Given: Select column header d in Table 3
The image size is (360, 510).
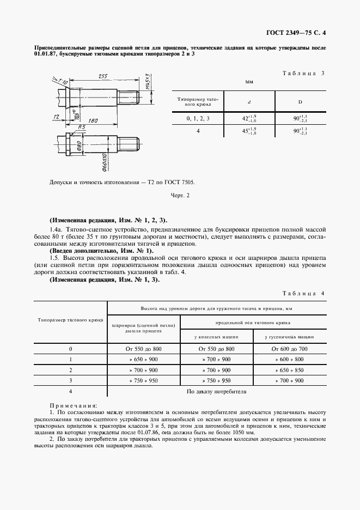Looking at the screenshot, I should coord(249,101).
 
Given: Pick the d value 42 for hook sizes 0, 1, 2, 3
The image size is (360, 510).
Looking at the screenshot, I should coord(249,118).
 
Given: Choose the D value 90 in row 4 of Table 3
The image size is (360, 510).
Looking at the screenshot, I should coord(300,131).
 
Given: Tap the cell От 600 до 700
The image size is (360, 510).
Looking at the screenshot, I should coord(289,349).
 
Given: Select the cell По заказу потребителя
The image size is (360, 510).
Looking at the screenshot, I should coord(216,391).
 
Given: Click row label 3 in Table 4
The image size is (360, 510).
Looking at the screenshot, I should coord(71,380).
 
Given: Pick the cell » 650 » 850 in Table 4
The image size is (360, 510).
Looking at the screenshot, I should coord(289,370).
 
